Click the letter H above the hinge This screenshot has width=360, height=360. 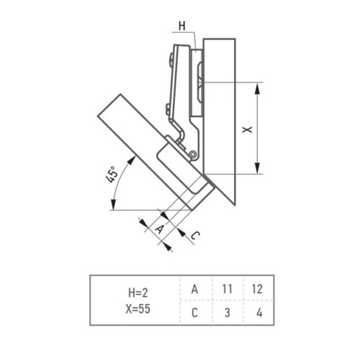click(182, 26)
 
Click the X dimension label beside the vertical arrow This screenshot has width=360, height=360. click(247, 130)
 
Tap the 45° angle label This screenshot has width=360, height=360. click(112, 175)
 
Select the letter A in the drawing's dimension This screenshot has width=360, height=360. click(160, 229)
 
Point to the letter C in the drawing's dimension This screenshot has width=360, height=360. click(195, 235)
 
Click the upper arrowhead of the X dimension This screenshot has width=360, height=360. click(257, 89)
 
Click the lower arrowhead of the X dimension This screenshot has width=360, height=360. click(257, 168)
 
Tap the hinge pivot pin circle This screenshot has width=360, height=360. click(193, 154)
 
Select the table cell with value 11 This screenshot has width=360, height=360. click(228, 288)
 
